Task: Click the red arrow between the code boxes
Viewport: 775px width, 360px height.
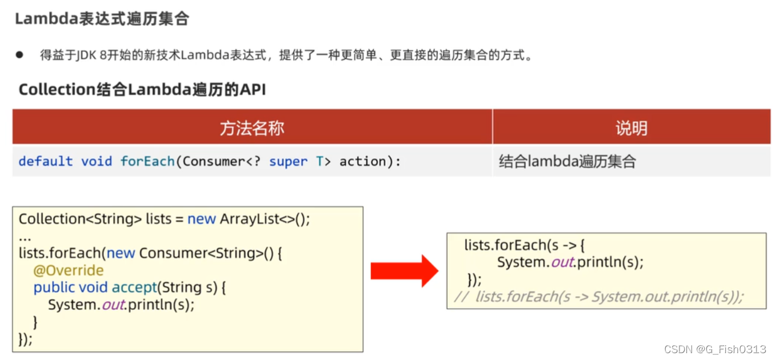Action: point(404,271)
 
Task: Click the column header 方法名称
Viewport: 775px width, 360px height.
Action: point(252,127)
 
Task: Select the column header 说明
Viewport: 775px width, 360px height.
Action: point(631,127)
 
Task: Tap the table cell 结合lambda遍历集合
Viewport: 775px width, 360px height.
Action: point(567,162)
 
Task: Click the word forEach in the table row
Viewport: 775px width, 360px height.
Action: point(147,162)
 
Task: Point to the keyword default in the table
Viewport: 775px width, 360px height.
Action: point(46,162)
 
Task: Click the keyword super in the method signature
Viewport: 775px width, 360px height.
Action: point(288,162)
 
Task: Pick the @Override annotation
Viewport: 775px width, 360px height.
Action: point(69,270)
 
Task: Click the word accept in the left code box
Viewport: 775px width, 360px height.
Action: point(134,287)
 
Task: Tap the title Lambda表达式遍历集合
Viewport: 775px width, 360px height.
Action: point(102,19)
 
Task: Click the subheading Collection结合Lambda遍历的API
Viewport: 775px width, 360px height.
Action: point(142,90)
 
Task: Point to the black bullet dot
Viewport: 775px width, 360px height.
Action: point(20,55)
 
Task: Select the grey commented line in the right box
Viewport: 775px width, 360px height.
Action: point(599,297)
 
